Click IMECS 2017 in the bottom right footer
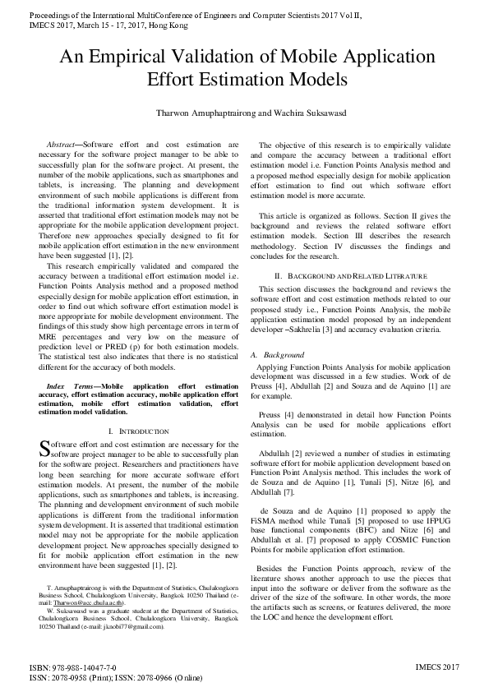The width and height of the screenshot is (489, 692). pos(437,668)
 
